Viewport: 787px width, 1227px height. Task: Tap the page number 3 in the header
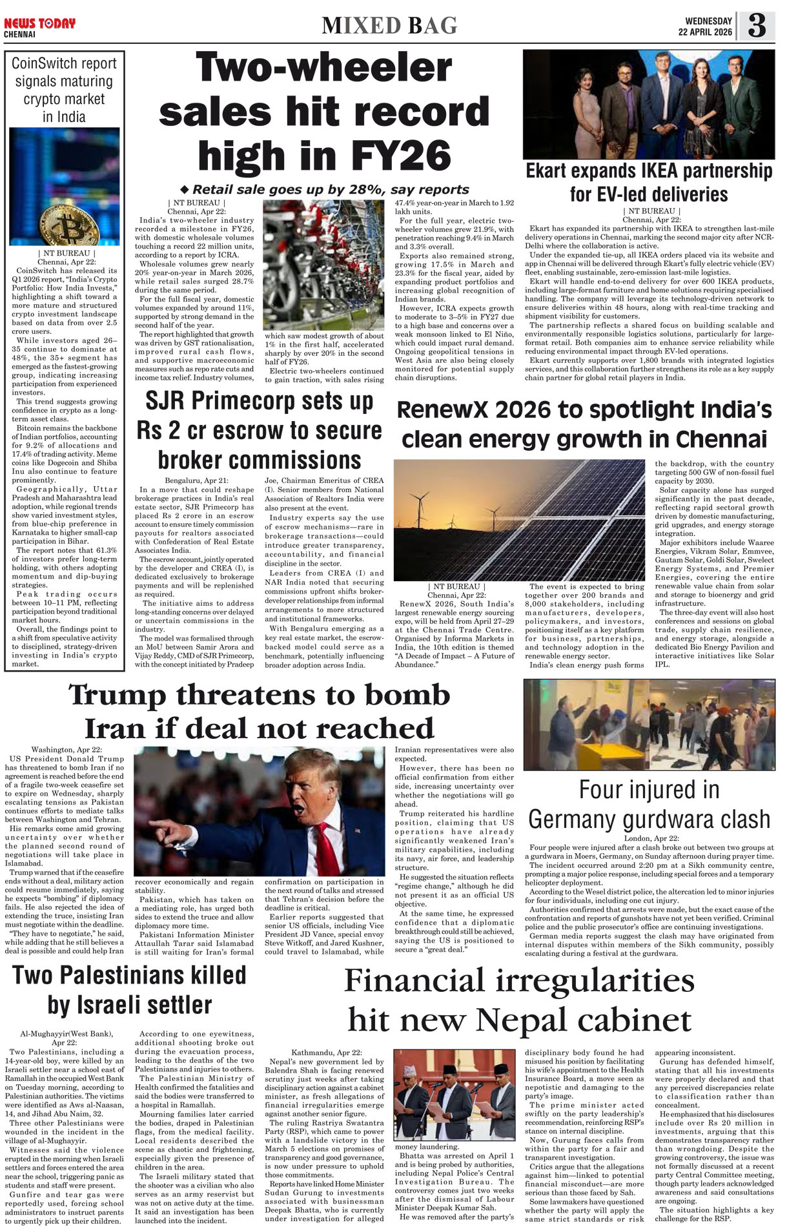756,26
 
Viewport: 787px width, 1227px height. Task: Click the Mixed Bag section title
389,25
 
